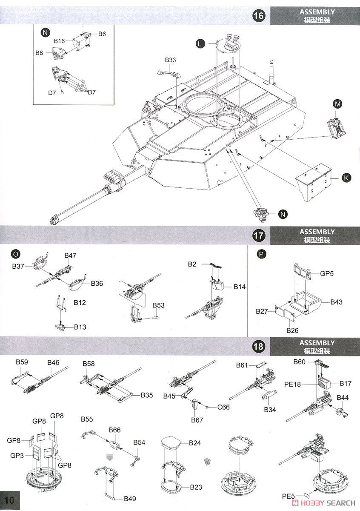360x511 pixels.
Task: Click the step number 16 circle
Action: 258,16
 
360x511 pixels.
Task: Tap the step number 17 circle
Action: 258,235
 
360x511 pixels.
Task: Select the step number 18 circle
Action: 258,346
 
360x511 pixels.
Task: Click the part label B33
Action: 170,60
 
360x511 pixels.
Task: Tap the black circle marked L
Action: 200,43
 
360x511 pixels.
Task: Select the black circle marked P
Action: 261,254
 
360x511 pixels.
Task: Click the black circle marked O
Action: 15,254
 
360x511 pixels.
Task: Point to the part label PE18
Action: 292,384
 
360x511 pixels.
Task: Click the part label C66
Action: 223,407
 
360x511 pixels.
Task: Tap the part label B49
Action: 130,499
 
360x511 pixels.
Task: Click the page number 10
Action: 10,500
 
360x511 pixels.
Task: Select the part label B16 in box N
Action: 59,41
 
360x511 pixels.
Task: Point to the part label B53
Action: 158,305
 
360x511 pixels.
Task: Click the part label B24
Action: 195,443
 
